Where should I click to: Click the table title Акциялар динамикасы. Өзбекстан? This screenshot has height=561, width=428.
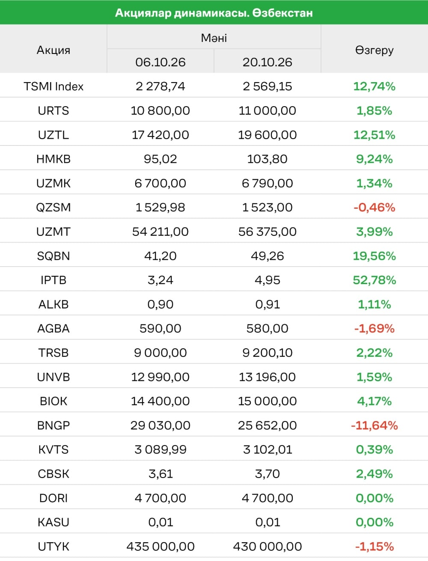214,13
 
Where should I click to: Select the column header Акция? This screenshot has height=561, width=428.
53,50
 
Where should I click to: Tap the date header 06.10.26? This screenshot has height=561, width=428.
160,62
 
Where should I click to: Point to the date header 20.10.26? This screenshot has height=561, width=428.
267,62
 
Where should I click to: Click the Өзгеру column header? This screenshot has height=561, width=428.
374,50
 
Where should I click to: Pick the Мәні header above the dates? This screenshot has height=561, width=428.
214,38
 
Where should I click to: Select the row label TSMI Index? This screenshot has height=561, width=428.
53,86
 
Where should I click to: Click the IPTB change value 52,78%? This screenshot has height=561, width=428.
374,280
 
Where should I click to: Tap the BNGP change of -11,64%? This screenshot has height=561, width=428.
374,425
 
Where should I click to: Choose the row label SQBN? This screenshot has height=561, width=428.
53,256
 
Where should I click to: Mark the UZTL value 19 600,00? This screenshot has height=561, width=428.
267,135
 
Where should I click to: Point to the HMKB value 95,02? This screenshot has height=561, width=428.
160,159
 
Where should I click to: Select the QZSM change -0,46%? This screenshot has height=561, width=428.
374,208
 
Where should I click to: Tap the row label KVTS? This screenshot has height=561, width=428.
53,450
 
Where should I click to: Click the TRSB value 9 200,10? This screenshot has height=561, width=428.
267,353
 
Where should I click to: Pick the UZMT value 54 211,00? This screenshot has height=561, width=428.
160,232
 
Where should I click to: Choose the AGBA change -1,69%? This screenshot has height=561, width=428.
374,328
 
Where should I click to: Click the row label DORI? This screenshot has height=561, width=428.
53,498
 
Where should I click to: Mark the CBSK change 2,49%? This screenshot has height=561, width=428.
374,474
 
